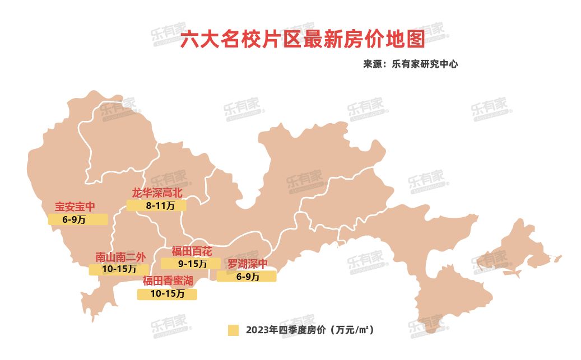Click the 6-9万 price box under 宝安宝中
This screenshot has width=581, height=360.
tap(77, 219)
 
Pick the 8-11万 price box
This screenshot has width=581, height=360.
tap(156, 205)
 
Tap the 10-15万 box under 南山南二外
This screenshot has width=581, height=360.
tap(119, 269)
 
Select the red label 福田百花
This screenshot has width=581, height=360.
tap(192, 250)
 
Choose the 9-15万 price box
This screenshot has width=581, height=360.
tap(190, 263)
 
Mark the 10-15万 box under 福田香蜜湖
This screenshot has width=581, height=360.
tap(167, 294)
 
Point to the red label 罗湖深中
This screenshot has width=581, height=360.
tap(248, 263)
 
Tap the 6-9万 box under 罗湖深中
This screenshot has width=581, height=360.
tap(247, 276)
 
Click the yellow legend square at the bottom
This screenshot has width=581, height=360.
tap(234, 330)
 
